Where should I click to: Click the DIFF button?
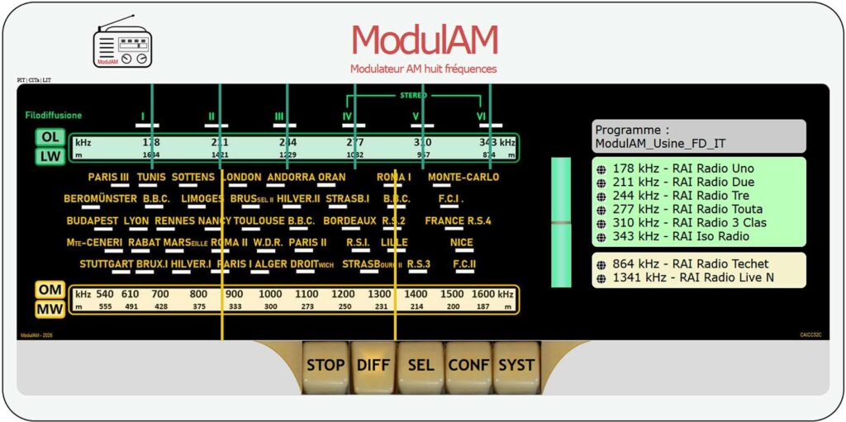coord(373,365)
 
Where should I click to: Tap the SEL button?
coord(421,365)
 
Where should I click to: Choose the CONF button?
coord(468,365)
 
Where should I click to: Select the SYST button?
coord(516,365)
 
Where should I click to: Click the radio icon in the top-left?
coord(122,43)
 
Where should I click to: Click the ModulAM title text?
coord(424,40)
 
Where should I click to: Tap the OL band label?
coord(50,137)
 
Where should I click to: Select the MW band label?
coord(50,310)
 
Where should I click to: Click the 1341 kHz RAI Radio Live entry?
coord(692,277)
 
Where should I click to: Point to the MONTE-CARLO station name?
coord(463,177)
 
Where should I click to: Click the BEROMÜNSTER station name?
coord(100,199)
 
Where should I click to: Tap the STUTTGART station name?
coord(106,264)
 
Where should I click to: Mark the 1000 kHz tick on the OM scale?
coord(270,295)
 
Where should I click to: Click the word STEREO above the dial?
coord(413,96)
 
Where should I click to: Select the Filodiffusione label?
coord(54,116)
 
